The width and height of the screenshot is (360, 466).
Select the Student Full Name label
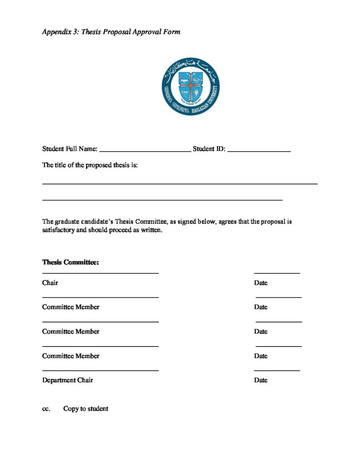(x=70, y=149)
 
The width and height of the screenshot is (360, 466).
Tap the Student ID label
(x=209, y=149)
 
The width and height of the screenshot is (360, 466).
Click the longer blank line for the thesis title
(x=180, y=183)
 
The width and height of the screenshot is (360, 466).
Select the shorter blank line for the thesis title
(x=162, y=200)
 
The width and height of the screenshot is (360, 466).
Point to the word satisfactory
(x=58, y=230)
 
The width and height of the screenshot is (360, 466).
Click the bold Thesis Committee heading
(x=71, y=263)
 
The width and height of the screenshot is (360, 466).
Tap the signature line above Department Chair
(x=101, y=370)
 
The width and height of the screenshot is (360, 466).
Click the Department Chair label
(x=67, y=380)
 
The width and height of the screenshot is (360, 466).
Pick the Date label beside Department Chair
(x=261, y=380)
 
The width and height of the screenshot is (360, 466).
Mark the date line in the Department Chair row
(x=277, y=370)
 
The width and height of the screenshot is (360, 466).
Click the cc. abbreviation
(x=46, y=409)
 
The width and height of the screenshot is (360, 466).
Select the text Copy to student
(x=86, y=409)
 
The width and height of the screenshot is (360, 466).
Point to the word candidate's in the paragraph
(x=97, y=222)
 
